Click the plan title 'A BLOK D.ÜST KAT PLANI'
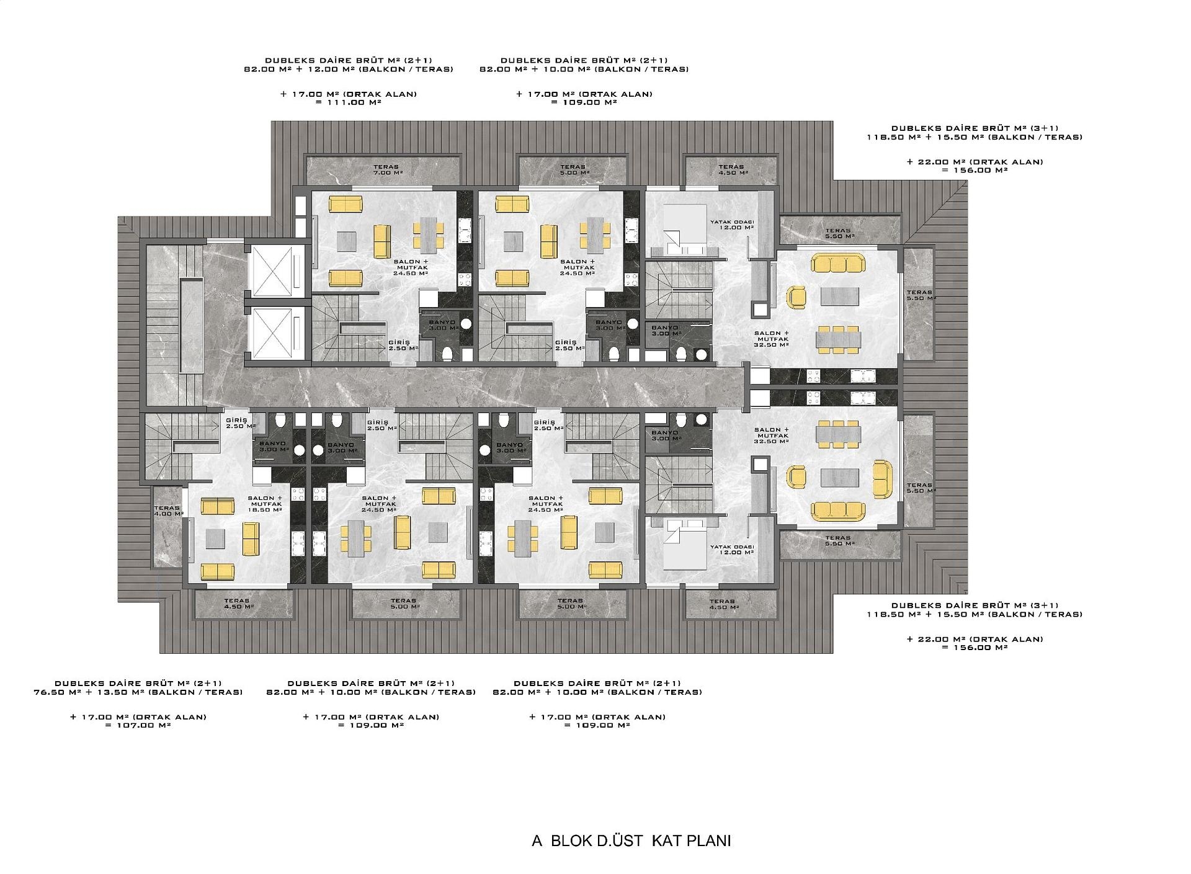click(x=631, y=841)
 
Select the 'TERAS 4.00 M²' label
click(x=168, y=511)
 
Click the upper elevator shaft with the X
click(x=272, y=270)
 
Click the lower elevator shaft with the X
click(x=272, y=332)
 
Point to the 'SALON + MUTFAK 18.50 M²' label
click(x=265, y=504)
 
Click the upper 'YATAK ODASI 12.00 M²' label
click(x=732, y=225)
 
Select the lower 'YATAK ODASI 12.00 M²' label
click(x=732, y=550)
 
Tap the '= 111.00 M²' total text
click(x=348, y=102)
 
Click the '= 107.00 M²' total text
click(x=138, y=725)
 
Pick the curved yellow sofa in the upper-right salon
click(x=837, y=262)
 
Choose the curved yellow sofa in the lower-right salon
click(x=837, y=511)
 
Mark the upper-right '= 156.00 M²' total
click(x=975, y=170)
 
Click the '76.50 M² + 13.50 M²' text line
click(x=138, y=692)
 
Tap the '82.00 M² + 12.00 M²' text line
click(x=348, y=69)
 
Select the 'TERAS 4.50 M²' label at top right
click(x=731, y=169)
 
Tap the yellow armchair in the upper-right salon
click(x=796, y=297)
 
